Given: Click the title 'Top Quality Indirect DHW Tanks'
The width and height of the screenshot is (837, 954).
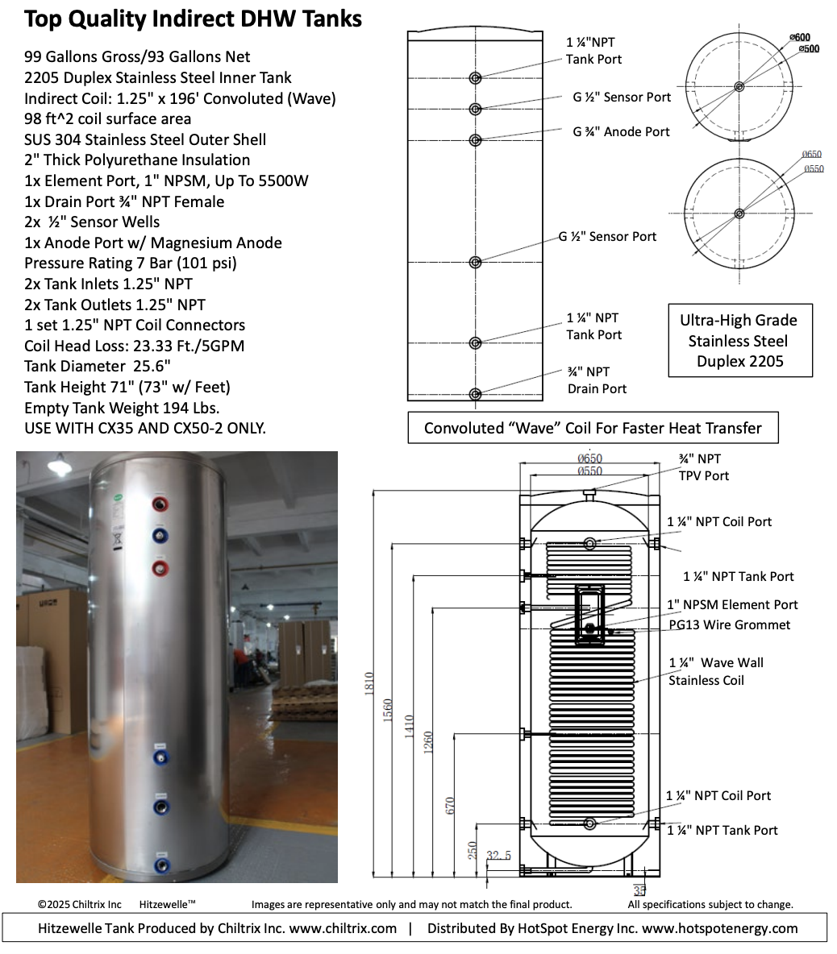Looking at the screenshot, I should coord(193,19).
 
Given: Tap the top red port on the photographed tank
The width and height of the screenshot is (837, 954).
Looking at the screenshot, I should coord(160,504).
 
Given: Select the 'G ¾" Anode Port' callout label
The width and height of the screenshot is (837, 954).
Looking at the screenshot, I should coord(621,131).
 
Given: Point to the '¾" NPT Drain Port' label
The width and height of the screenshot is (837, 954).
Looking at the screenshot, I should coord(597,380).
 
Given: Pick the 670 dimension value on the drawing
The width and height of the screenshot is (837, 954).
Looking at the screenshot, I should coord(450,806).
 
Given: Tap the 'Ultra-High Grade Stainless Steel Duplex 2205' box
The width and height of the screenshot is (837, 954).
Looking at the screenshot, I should coord(739,340).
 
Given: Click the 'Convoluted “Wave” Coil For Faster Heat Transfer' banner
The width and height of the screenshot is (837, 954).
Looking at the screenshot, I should coord(593,428).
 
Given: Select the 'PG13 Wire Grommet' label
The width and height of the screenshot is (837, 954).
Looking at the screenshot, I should coord(730,624).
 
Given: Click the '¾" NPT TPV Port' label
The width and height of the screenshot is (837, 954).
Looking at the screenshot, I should coord(703,467).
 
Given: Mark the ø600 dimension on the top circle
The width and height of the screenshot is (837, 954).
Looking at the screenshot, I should coord(800,37).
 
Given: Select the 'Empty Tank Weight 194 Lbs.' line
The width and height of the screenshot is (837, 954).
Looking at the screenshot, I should coord(122,408).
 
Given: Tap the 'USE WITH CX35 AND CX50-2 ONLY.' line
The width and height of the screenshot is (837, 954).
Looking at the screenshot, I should coord(144,428).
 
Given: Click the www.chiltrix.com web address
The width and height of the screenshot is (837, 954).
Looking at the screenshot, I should coord(343,928).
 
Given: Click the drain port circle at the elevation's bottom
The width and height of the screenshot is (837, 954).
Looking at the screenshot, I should coord(475,394).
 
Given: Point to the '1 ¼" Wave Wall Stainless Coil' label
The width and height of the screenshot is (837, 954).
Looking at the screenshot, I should coord(715,671).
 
